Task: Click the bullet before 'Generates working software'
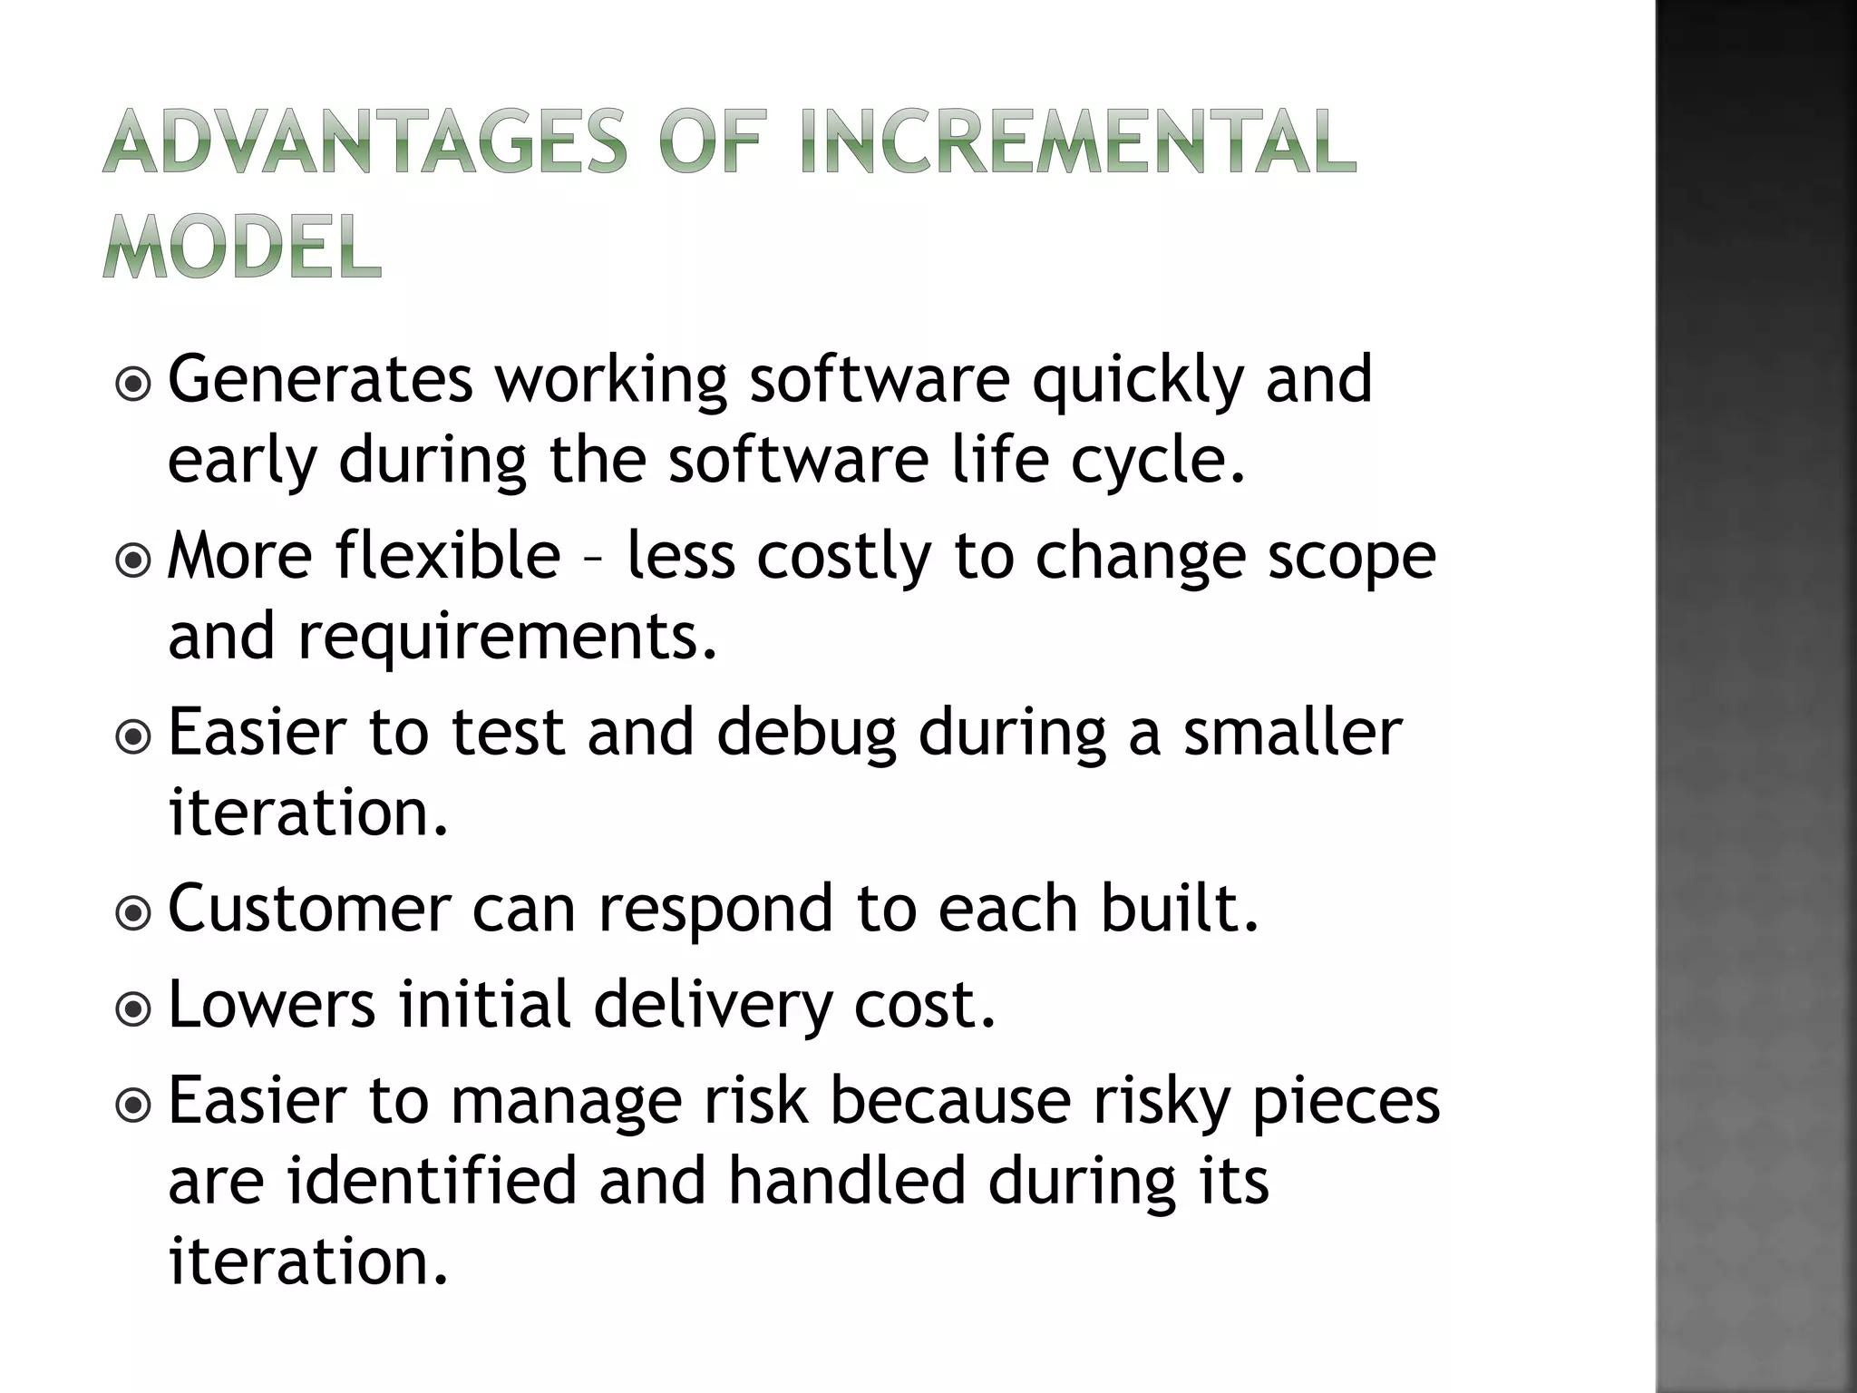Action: click(134, 385)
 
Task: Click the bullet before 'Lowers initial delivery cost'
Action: click(134, 1009)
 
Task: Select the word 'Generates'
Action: click(320, 379)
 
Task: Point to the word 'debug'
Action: click(807, 733)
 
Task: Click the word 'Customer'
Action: click(309, 908)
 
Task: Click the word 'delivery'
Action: click(713, 1006)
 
